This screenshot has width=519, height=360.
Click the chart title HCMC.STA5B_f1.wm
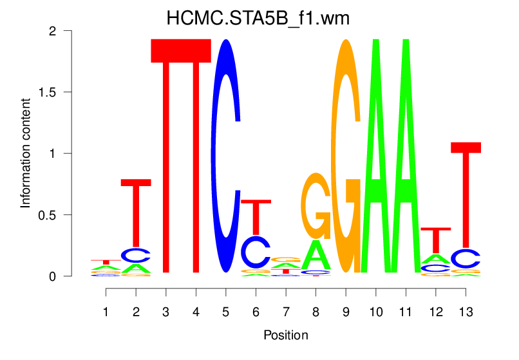click(258, 18)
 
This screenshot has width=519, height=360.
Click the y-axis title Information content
click(26, 153)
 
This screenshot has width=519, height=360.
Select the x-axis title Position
click(286, 335)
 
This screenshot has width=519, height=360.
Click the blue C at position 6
click(256, 252)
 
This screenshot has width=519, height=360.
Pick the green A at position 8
click(316, 256)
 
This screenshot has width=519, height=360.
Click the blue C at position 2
click(136, 256)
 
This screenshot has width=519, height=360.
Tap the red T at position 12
click(435, 238)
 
